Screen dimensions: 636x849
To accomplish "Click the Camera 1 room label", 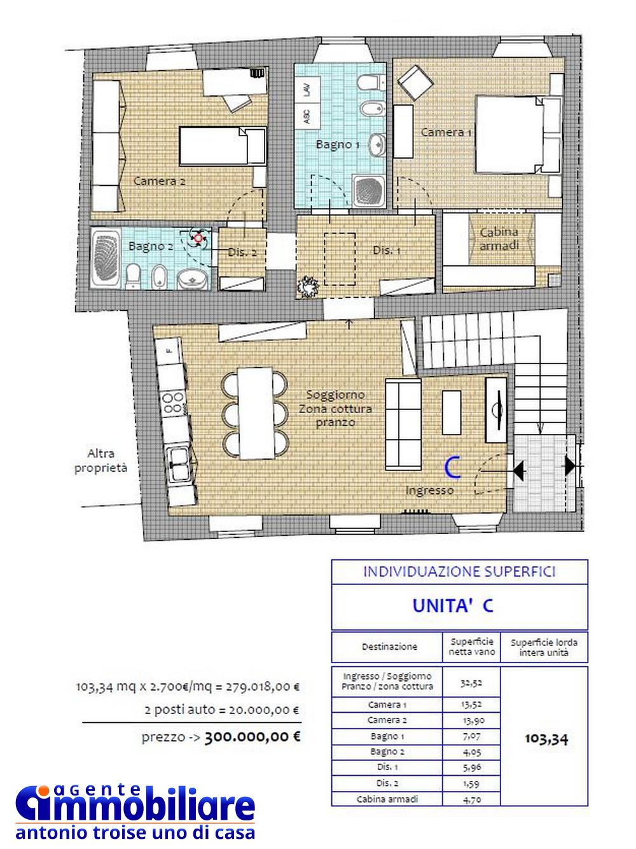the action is coord(446,132).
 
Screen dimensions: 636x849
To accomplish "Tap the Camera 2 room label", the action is coord(159,181).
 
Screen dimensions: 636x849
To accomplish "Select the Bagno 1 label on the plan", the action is coord(338,144).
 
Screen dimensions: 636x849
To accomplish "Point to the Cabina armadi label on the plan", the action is coord(499,239).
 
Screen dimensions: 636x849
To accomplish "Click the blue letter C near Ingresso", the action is coord(452,468).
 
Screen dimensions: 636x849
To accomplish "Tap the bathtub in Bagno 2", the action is coord(106,258).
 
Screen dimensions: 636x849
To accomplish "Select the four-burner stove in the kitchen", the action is coord(173,403).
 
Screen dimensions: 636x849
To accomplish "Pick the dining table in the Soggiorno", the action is coord(255,412).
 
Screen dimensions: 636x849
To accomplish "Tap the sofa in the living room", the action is coord(403,424).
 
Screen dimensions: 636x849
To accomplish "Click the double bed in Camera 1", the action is coord(518,134).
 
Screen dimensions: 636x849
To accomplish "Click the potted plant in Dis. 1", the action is coord(308,286).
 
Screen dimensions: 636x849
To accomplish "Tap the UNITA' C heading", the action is coord(453,606).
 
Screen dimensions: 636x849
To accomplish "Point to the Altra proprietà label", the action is coord(100,461).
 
